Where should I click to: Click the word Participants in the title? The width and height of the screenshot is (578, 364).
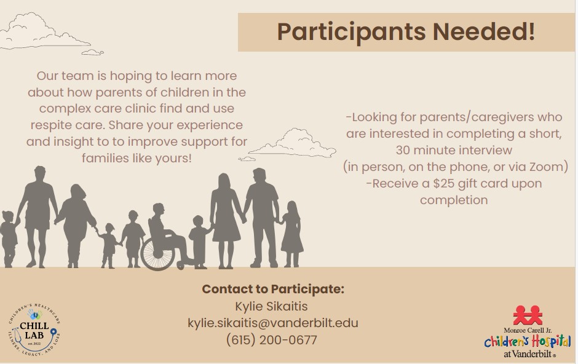351,33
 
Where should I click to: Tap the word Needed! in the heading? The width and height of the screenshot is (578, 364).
484,31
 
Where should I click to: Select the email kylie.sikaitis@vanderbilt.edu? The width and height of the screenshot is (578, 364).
273,323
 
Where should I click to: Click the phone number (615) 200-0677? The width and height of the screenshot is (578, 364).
272,339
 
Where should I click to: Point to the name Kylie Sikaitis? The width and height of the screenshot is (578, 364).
271,306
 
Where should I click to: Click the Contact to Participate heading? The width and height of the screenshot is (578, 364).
273,289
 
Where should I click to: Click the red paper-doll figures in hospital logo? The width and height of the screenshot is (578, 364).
528,315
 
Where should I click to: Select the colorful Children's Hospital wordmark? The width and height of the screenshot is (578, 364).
528,341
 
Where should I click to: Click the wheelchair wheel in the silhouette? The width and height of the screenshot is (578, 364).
158,253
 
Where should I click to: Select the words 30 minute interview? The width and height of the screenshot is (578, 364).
454,150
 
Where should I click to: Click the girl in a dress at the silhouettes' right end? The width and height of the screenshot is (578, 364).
292,234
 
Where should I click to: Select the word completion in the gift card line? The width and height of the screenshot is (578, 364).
454,200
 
